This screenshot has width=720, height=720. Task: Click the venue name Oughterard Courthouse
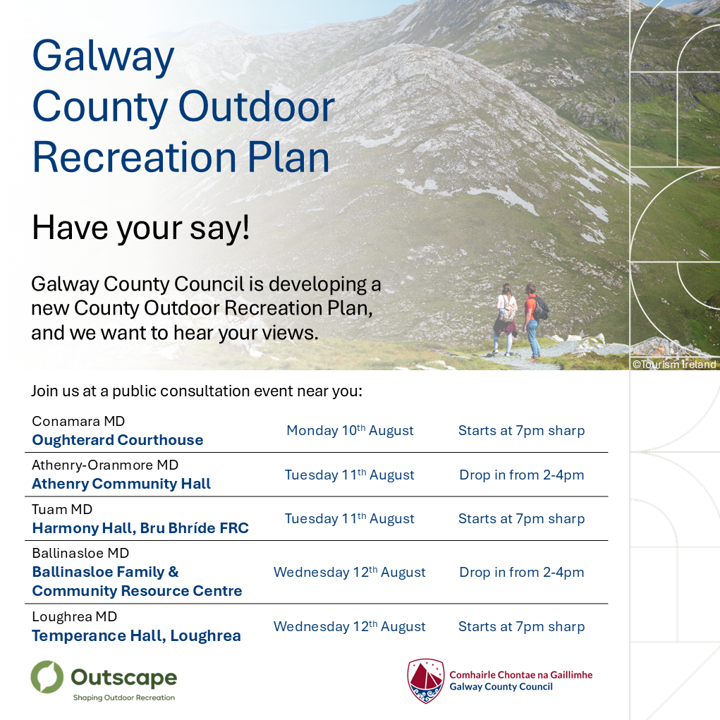(x=118, y=440)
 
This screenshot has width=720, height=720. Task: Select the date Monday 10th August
(x=350, y=430)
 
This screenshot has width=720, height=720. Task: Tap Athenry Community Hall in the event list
(x=121, y=484)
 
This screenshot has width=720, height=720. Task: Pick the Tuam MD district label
(x=62, y=509)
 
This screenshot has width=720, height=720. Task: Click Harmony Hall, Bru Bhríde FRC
(x=140, y=528)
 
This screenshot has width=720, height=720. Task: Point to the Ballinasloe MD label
(x=80, y=554)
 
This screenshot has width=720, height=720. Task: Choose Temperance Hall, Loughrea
(x=136, y=636)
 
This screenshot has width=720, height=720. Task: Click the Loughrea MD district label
(x=74, y=616)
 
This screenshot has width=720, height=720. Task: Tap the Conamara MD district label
(x=78, y=421)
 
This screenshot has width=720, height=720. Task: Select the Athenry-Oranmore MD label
(x=105, y=465)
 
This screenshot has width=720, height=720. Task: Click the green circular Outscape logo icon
(x=47, y=677)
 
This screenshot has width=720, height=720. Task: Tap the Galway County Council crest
(x=426, y=681)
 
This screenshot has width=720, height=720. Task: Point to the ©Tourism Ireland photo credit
(x=674, y=365)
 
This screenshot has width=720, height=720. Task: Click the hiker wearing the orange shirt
(x=534, y=321)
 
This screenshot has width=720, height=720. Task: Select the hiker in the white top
(x=505, y=319)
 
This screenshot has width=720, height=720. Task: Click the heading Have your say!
(x=141, y=228)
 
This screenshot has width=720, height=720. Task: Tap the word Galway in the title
(x=104, y=56)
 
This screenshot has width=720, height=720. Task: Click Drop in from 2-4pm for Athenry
(x=522, y=475)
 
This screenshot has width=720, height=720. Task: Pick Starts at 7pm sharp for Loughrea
(x=522, y=627)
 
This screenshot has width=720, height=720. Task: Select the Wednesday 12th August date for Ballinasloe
(x=350, y=572)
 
